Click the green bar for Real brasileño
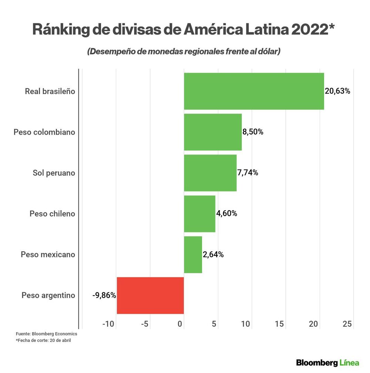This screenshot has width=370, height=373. pos(254,91)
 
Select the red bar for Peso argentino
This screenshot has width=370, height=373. pos(150,296)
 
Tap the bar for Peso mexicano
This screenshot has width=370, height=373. pos(193,255)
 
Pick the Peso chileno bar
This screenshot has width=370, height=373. pos(199,214)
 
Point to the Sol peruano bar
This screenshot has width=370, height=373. pos(210,173)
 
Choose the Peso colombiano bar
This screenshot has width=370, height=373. pos(213,132)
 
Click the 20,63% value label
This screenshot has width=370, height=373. pos(337,91)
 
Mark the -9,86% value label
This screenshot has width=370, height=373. pos(104,296)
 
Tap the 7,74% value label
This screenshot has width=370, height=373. pos(248,173)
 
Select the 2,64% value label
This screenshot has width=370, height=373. pos(213,255)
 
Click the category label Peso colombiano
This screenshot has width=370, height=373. pos(44,132)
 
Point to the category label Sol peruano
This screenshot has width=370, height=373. pos(54,173)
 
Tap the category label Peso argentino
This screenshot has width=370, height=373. pos(48,296)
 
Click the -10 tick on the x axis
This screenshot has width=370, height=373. pos(109,324)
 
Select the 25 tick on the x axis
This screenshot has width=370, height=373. pos(347,324)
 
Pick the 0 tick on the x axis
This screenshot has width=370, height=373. pos(180,324)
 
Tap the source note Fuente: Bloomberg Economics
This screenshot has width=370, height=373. pos(46,334)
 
